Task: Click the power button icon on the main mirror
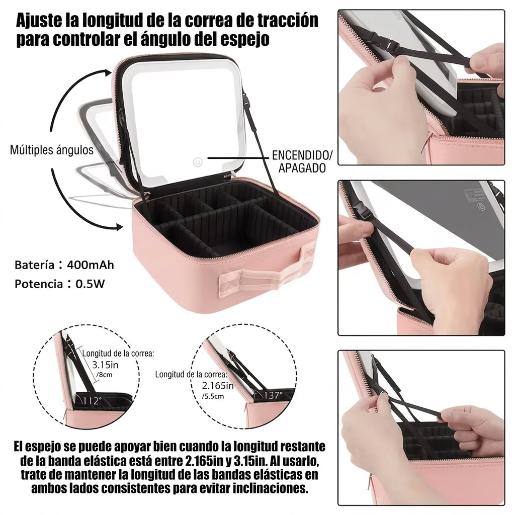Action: [197, 162]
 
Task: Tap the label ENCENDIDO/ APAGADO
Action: [302, 161]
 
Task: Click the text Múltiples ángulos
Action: [52, 150]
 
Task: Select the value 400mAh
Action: [91, 265]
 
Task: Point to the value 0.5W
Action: [90, 284]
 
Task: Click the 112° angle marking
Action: [93, 401]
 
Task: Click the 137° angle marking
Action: [273, 395]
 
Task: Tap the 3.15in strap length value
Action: [105, 365]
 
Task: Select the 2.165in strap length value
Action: [217, 385]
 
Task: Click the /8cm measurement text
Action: [104, 375]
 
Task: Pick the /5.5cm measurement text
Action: [213, 396]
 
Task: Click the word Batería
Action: [34, 265]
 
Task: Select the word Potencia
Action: [39, 284]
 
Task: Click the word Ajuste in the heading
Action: [39, 21]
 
